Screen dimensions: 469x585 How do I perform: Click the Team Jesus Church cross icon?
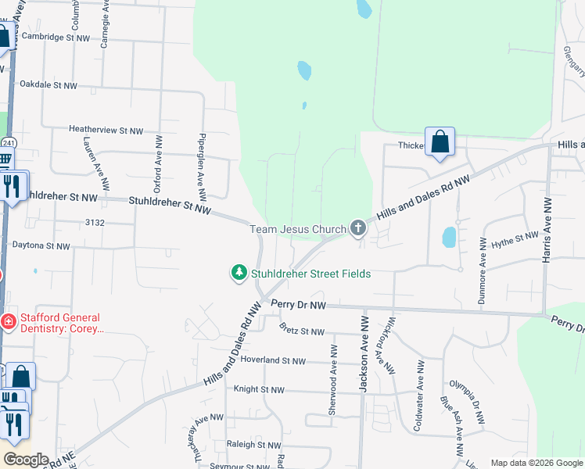pyautogui.click(x=358, y=228)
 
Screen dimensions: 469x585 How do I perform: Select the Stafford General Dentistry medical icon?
pyautogui.click(x=7, y=320)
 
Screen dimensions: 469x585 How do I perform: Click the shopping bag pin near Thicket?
pyautogui.click(x=440, y=143)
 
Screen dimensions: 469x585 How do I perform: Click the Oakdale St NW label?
pyautogui.click(x=48, y=84)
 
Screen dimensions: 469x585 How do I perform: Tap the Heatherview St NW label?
pyautogui.click(x=106, y=131)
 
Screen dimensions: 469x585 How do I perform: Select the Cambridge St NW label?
pyautogui.click(x=57, y=37)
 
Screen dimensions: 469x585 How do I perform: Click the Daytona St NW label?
pyautogui.click(x=41, y=245)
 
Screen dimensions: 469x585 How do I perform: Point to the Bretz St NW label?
pyautogui.click(x=301, y=332)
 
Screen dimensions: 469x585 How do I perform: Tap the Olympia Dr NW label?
pyautogui.click(x=467, y=395)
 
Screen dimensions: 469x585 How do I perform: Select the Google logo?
pyautogui.click(x=25, y=460)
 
